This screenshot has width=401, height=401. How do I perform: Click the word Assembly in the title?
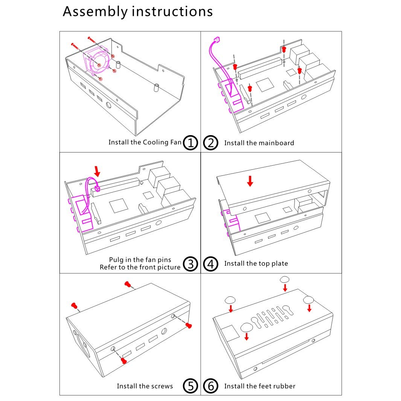tap(95, 12)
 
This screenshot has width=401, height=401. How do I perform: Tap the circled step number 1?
tap(191, 142)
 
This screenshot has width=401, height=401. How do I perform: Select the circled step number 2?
tap(211, 142)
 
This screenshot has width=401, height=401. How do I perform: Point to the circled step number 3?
tap(191, 264)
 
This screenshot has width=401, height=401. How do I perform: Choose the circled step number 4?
tap(211, 264)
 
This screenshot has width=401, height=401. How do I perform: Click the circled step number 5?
tap(191, 386)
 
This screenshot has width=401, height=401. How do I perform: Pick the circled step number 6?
tap(211, 386)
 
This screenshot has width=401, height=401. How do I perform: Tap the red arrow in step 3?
tap(97, 171)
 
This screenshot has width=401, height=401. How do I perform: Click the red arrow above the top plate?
tap(250, 181)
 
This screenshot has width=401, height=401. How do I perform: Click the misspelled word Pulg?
tap(116, 260)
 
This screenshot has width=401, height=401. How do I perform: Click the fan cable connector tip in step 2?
tap(217, 40)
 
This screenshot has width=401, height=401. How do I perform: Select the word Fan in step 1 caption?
tap(176, 142)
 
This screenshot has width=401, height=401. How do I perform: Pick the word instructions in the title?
tap(172, 12)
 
